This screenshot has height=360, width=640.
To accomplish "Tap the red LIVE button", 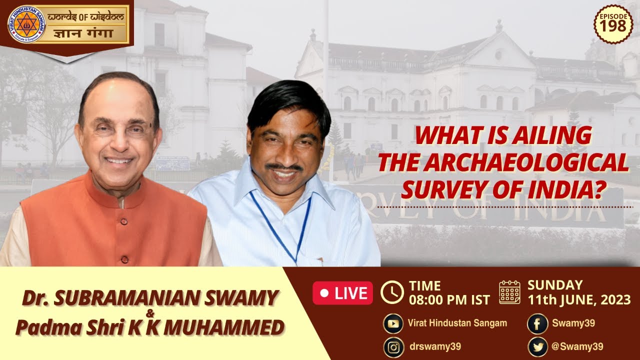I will pyautogui.click(x=342, y=293).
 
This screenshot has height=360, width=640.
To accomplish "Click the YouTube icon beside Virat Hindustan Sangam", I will pyautogui.click(x=393, y=323).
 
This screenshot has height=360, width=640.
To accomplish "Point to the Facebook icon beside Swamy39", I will pyautogui.click(x=537, y=323).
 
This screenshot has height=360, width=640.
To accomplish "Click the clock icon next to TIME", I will pyautogui.click(x=392, y=292).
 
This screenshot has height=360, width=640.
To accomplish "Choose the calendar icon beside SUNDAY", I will pyautogui.click(x=510, y=292).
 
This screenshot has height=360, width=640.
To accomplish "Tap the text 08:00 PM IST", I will pyautogui.click(x=449, y=300).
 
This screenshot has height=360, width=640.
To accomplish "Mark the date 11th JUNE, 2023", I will pyautogui.click(x=579, y=300).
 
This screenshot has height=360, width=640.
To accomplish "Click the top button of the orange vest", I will pyautogui.click(x=120, y=204).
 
